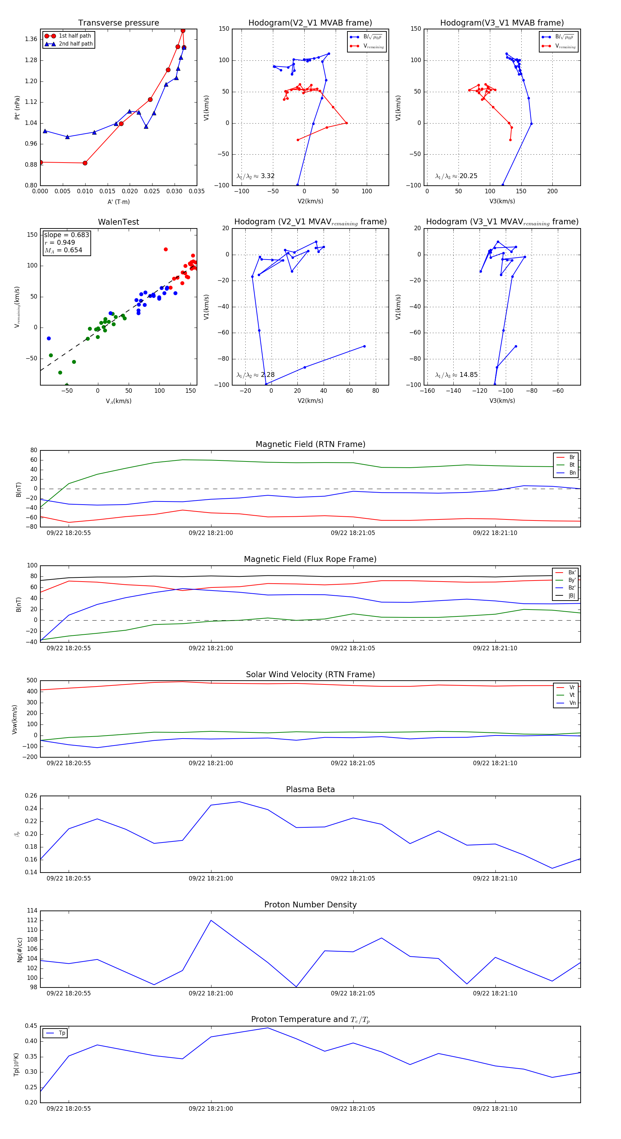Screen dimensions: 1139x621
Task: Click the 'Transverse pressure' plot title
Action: [118, 23]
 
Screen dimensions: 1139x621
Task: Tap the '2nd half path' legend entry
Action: [76, 44]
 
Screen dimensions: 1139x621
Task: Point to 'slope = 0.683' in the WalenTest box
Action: [66, 235]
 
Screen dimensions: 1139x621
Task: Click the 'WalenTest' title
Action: [118, 222]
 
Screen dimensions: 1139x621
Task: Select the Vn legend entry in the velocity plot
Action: [572, 703]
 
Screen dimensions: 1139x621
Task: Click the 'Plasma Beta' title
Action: [310, 789]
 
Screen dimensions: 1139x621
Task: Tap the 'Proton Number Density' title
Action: [310, 904]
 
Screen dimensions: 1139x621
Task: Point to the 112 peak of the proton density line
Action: [211, 920]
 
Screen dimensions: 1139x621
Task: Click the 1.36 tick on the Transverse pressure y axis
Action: [31, 39]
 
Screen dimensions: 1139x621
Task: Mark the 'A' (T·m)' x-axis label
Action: [118, 202]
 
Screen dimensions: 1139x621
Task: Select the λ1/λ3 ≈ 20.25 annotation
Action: [456, 176]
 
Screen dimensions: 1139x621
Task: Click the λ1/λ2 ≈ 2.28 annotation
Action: [255, 375]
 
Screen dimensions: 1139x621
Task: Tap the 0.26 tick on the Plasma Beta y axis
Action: [31, 796]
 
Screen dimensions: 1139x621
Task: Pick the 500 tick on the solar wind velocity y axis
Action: [32, 681]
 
